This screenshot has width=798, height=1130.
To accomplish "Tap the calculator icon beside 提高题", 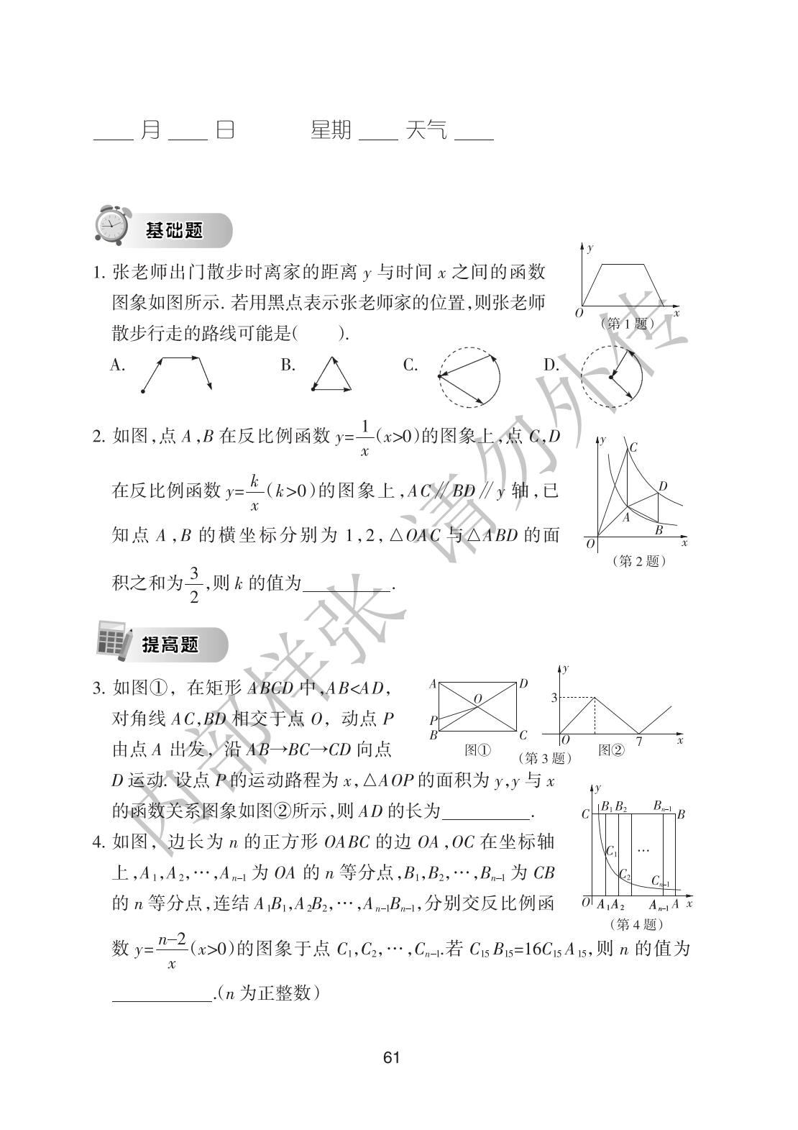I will [x=113, y=641].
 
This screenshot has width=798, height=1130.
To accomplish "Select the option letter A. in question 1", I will [x=118, y=365].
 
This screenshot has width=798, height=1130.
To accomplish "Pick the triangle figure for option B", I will [x=332, y=375].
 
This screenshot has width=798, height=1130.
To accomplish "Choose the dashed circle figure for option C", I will [x=469, y=377].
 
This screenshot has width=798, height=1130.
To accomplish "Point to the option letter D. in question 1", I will [x=551, y=365].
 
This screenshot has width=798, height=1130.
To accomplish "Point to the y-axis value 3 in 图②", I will [x=554, y=698].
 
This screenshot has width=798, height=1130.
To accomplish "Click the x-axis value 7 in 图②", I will [x=638, y=742].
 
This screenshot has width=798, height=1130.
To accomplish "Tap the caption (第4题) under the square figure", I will [x=636, y=924].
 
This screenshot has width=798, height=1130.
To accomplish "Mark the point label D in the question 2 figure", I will [x=663, y=487].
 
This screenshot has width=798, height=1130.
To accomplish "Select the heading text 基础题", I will [x=174, y=231].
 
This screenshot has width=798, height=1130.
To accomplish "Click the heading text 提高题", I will [x=170, y=645].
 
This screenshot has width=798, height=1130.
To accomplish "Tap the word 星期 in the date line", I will [x=331, y=130].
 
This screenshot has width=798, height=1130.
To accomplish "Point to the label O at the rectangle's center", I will [x=478, y=698].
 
